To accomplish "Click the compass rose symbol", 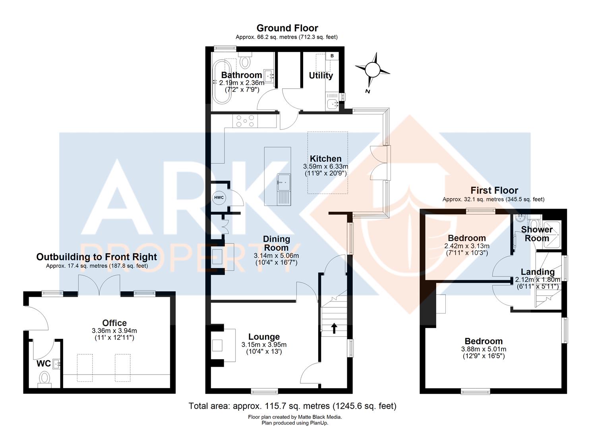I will pyautogui.click(x=372, y=70).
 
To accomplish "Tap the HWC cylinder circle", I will pyautogui.click(x=219, y=198).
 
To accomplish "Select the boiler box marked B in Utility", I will pyautogui.click(x=332, y=56).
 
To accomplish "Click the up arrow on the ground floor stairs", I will pyautogui.click(x=334, y=328).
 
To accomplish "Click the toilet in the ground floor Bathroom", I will pyautogui.click(x=246, y=62).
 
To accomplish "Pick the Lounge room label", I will pyautogui.click(x=264, y=337).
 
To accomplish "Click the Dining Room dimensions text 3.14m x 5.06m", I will pyautogui.click(x=277, y=256).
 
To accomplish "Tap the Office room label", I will pyautogui.click(x=114, y=323).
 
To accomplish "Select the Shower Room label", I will pyautogui.click(x=537, y=234).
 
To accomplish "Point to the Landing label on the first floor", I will pyautogui.click(x=538, y=272).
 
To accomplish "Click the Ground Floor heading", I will pyautogui.click(x=287, y=28).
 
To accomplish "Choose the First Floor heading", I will pyautogui.click(x=494, y=190).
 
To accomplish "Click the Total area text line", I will pyautogui.click(x=292, y=406).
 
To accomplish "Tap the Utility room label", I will pyautogui.click(x=321, y=75).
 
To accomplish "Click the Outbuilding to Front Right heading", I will pyautogui.click(x=97, y=257).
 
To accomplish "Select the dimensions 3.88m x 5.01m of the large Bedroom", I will pyautogui.click(x=484, y=349).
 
